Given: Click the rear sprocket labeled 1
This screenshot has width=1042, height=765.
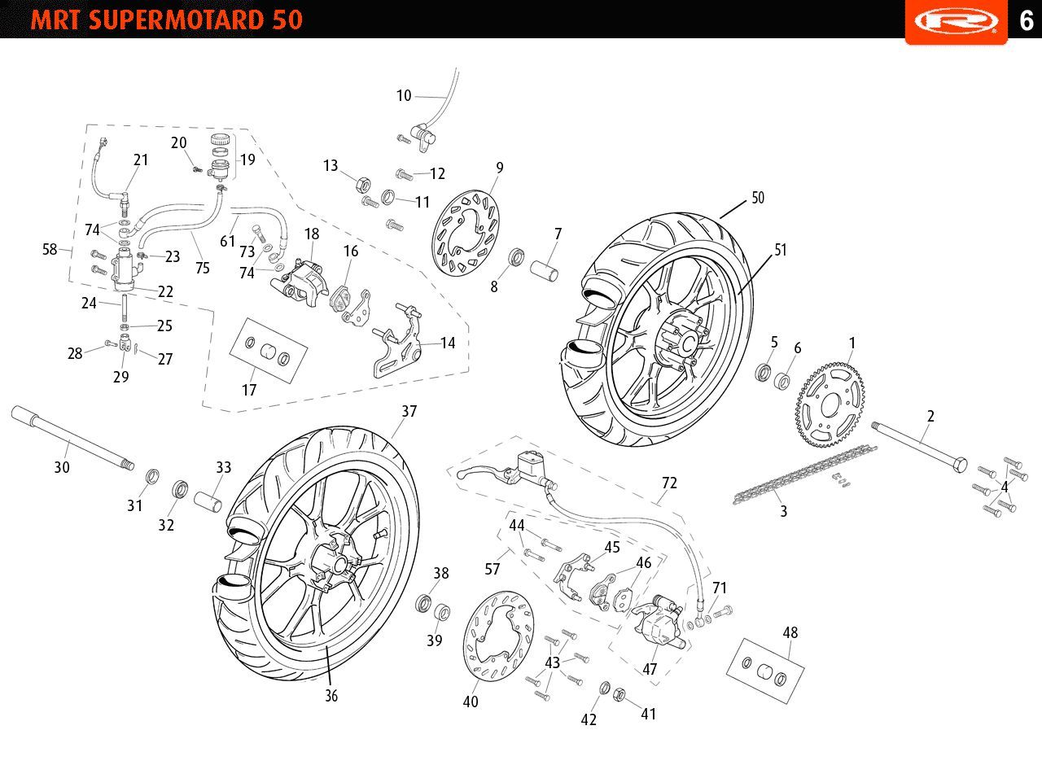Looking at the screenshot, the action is click(x=830, y=405).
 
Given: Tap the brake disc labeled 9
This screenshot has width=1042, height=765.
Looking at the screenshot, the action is click(x=466, y=233).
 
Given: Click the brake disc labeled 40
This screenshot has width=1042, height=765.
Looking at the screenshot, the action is click(x=498, y=636).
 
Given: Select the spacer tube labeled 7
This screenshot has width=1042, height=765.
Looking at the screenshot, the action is click(x=545, y=271).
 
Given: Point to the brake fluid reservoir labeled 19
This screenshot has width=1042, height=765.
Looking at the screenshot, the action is click(x=218, y=155).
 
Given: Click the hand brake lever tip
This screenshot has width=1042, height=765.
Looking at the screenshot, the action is click(x=460, y=474).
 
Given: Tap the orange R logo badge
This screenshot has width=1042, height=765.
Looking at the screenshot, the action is click(x=957, y=21).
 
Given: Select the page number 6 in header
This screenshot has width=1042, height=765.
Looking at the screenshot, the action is click(x=1027, y=20).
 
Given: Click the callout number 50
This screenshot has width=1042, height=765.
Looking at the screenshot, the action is click(x=758, y=198).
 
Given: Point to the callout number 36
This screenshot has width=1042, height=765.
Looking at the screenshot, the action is click(x=331, y=696).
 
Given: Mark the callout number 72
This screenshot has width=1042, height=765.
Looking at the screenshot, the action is click(x=669, y=483).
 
